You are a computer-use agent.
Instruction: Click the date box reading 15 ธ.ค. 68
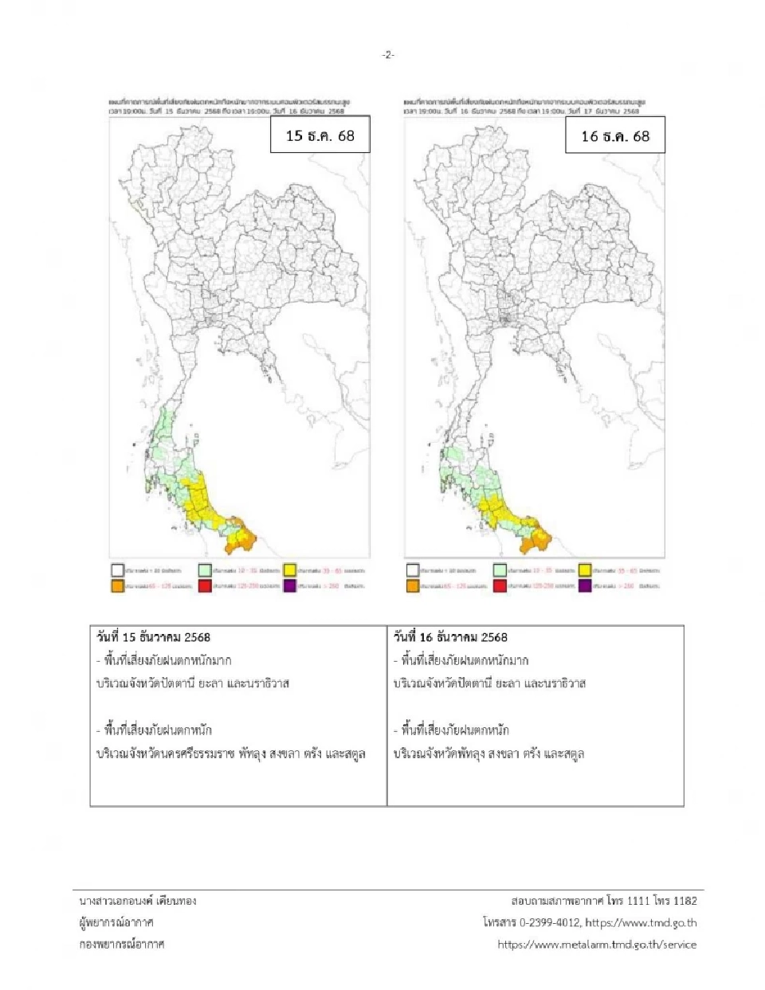click(x=320, y=135)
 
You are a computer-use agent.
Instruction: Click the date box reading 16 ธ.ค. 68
click(x=614, y=136)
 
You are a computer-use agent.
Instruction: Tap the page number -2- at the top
click(x=387, y=55)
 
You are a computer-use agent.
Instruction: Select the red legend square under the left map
click(x=206, y=585)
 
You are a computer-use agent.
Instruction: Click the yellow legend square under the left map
click(x=290, y=570)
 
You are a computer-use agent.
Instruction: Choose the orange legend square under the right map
click(x=413, y=585)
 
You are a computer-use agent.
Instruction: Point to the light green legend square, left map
click(x=206, y=570)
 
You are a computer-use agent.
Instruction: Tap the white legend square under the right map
click(x=413, y=570)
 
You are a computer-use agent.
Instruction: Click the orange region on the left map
click(x=241, y=538)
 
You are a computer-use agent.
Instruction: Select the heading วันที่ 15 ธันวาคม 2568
click(x=154, y=637)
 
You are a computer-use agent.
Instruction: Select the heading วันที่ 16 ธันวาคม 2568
click(x=450, y=637)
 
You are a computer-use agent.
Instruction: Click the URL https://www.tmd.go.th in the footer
click(x=641, y=922)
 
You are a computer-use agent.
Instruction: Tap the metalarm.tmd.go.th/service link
click(x=597, y=945)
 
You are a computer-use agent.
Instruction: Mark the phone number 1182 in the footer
click(x=685, y=901)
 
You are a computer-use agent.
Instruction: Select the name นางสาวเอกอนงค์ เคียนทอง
click(x=137, y=901)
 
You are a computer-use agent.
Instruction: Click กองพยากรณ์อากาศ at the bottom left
click(x=121, y=945)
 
